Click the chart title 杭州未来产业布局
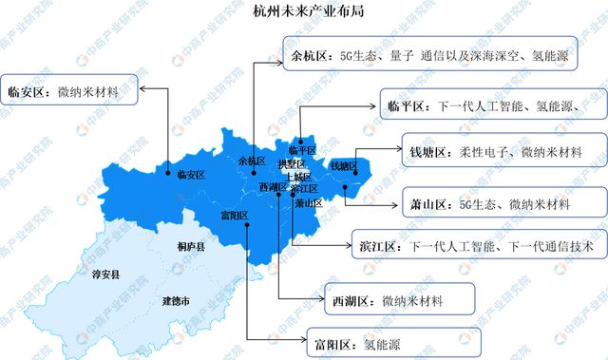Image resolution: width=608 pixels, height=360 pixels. click(x=303, y=12)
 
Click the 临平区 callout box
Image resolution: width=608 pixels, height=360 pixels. click(x=481, y=106)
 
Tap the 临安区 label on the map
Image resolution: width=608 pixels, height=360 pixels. click(x=191, y=175)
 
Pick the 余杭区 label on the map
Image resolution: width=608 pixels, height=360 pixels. click(x=253, y=161)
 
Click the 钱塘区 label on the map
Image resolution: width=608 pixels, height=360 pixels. click(x=342, y=166)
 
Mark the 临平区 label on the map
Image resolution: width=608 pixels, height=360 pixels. click(x=300, y=150)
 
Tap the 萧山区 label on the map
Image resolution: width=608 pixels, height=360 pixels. click(x=308, y=202)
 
